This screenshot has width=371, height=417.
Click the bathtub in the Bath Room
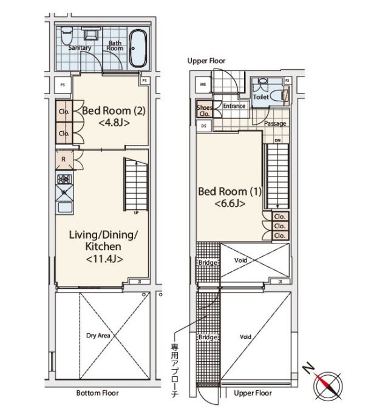tap(138, 48)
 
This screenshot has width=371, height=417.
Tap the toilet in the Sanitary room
tap(66, 36)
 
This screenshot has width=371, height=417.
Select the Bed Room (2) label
tap(114, 110)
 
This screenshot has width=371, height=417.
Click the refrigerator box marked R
tap(64, 160)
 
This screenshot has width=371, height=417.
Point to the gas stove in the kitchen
tap(64, 178)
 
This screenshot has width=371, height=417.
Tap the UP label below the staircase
tap(136, 213)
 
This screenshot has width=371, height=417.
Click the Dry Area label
tap(98, 336)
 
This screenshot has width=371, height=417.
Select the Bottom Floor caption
tap(97, 393)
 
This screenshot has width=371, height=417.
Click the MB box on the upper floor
tap(203, 84)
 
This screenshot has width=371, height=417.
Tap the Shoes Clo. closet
tap(204, 109)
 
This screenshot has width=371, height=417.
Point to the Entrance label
tap(234, 106)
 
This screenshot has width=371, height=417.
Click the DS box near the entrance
tap(204, 126)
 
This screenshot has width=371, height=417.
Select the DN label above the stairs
tap(277, 140)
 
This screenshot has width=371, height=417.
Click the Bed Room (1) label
tap(230, 191)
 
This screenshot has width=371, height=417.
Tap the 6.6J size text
tap(230, 204)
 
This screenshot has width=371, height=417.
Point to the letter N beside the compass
tap(309, 369)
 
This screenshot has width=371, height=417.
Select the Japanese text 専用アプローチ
tap(174, 371)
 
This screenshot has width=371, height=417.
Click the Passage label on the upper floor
tap(275, 123)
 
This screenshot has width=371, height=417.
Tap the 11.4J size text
tap(104, 259)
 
